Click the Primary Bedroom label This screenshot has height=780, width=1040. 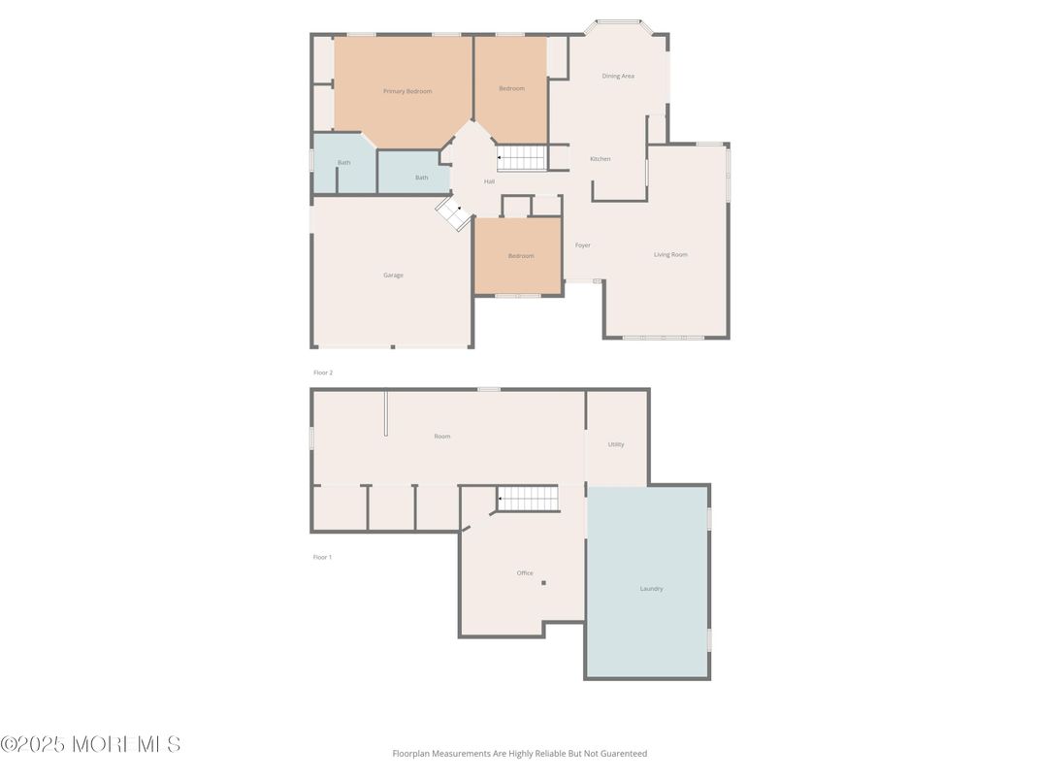[406, 91]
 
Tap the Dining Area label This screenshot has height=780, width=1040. [618, 76]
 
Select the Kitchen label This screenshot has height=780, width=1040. [601, 159]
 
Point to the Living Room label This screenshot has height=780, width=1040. [670, 254]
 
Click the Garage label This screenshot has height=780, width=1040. [393, 275]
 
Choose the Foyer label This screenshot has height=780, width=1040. [582, 245]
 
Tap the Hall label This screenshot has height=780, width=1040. [489, 181]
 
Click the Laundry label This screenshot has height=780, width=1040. [651, 588]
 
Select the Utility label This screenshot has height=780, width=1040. [616, 444]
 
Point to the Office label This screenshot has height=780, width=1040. [525, 572]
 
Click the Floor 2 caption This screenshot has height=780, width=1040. [323, 373]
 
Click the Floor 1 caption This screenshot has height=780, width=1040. [322, 557]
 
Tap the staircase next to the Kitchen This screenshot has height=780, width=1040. [522, 157]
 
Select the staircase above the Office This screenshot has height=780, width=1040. [528, 499]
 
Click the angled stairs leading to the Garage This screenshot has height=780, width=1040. [452, 213]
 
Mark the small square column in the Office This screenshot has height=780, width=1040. [544, 583]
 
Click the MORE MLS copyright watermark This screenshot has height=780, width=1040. [90, 744]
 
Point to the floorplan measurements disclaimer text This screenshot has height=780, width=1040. [519, 753]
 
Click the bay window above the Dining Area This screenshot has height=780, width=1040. [618, 21]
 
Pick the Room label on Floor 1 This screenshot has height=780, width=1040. [442, 437]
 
